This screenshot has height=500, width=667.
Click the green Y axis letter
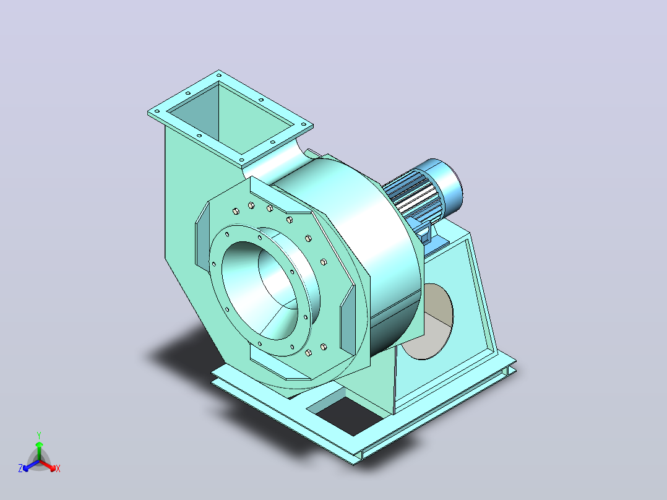click(x=39, y=435)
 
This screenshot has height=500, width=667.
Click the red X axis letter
click(x=58, y=468)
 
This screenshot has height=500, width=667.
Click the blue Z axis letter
click(x=20, y=468)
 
